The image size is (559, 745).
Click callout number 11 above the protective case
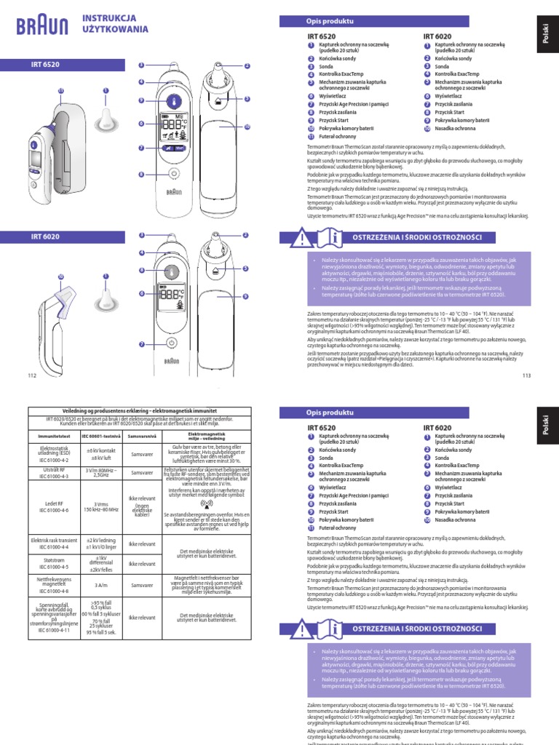pos(60,90)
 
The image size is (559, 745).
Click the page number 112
pos(31,375)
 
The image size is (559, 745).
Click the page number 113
pos(527,375)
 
